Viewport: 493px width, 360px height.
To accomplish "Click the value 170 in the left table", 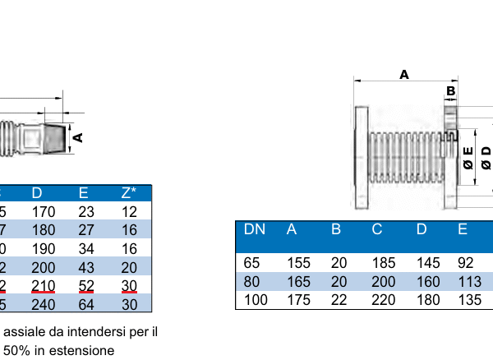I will (x=43, y=212).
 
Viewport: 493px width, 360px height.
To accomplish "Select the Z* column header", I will (x=129, y=193).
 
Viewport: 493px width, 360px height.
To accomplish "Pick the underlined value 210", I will (x=43, y=284).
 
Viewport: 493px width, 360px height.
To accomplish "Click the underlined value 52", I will (x=86, y=284).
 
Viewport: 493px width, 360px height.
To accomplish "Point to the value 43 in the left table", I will (x=86, y=266).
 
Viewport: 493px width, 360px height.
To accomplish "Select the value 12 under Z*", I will (x=129, y=212).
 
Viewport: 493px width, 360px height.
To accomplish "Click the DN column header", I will (x=255, y=229).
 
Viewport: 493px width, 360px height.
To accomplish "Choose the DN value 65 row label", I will (x=252, y=264).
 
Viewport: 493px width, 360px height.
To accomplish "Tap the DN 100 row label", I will (x=256, y=300).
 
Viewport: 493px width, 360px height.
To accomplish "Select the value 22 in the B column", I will (x=339, y=300).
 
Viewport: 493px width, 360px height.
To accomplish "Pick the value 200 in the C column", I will (x=383, y=282).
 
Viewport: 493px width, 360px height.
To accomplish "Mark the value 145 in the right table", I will (x=427, y=264).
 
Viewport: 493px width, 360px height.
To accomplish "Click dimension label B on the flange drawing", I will (x=450, y=90).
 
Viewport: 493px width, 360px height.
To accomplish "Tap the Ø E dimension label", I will (x=468, y=158).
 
